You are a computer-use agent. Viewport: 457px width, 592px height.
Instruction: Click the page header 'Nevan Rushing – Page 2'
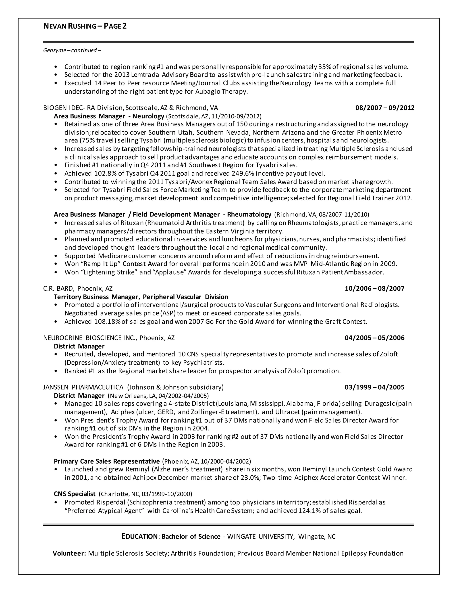click(x=85, y=26)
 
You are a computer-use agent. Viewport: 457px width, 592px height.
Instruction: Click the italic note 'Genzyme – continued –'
click(x=72, y=50)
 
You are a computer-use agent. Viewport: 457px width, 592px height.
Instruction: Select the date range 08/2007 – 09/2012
click(x=385, y=108)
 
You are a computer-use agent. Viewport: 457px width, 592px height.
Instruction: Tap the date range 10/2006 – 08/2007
click(x=374, y=288)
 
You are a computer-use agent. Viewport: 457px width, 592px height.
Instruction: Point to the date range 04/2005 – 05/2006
click(x=374, y=338)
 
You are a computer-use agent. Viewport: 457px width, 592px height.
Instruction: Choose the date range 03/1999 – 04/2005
click(x=374, y=387)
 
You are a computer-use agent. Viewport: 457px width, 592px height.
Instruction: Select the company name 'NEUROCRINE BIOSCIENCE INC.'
click(x=90, y=338)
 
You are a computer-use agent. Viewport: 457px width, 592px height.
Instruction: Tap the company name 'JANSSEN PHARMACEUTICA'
click(x=83, y=387)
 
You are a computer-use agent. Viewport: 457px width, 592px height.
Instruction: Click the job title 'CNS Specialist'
click(x=75, y=494)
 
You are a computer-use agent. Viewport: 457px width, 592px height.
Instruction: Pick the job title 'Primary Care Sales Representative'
click(x=107, y=461)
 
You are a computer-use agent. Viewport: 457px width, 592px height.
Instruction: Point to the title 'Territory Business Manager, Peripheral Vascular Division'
click(x=141, y=297)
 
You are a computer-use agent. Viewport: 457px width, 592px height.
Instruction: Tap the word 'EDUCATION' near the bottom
click(x=139, y=536)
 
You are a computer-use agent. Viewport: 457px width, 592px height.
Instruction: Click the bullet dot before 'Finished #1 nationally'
click(x=56, y=165)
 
